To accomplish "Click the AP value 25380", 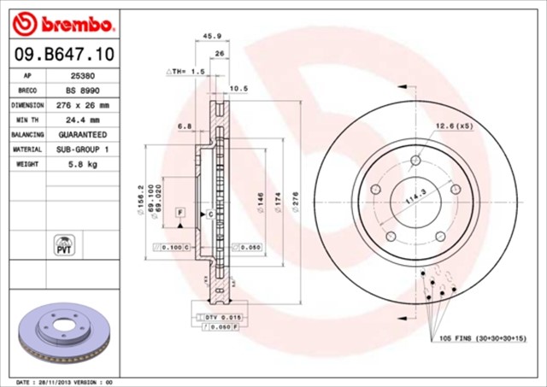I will [x=82, y=74].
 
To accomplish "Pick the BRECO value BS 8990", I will [x=82, y=89].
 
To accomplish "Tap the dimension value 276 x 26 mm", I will [x=83, y=104].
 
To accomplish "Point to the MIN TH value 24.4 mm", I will [x=83, y=120].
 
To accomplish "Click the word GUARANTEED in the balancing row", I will [x=83, y=134].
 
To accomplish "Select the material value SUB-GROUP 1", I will [x=83, y=149].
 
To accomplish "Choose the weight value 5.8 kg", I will [x=83, y=164].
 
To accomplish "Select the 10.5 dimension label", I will [x=238, y=88].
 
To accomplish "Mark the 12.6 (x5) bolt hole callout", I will [x=454, y=126].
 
